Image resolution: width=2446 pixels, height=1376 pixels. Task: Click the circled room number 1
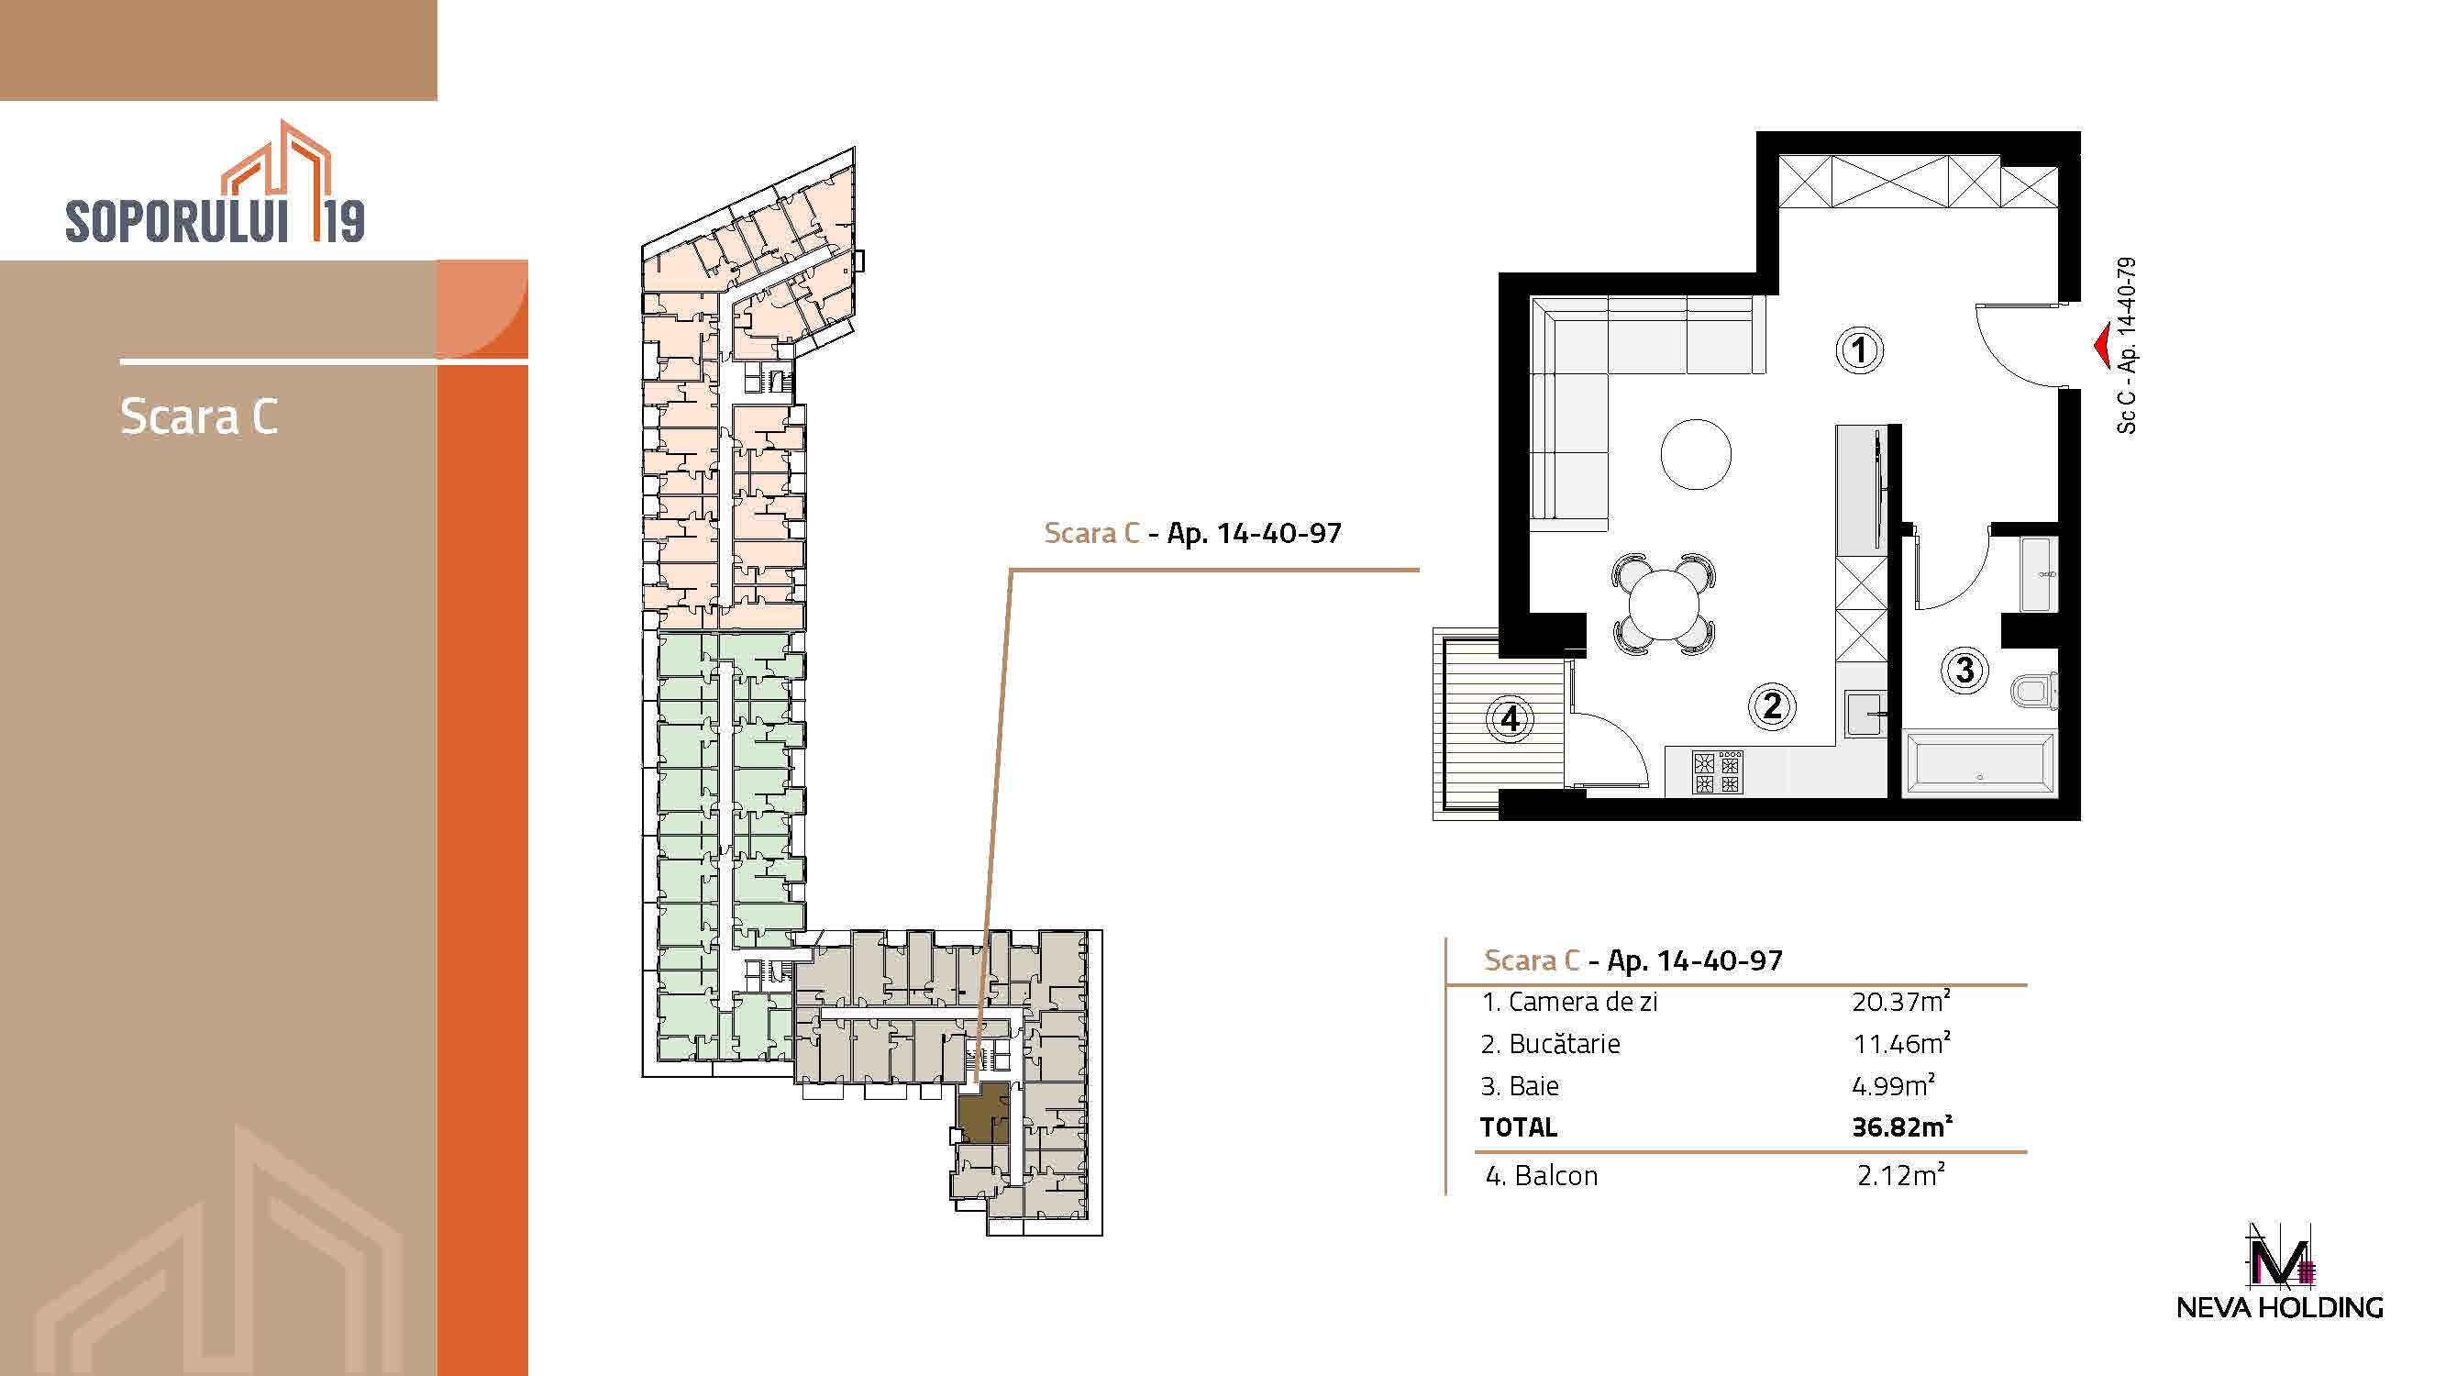click(1858, 350)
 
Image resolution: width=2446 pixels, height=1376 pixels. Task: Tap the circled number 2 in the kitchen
click(1772, 705)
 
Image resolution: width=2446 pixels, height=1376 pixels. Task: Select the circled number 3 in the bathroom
click(1965, 671)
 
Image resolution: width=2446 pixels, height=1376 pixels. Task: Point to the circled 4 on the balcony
click(1510, 718)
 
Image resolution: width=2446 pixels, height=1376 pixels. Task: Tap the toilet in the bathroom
click(2034, 691)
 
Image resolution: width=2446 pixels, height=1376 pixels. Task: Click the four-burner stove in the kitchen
click(1717, 771)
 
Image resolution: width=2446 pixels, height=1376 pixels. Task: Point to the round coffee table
click(1696, 454)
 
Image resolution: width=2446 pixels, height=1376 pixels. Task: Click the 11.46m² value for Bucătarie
click(1901, 1043)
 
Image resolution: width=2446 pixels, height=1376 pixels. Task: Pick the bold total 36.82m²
click(1902, 1126)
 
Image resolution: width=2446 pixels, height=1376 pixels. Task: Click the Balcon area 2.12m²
click(1901, 1175)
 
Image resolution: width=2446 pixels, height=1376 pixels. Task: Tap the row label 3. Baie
click(1520, 1085)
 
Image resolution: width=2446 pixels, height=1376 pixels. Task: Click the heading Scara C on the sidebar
click(199, 416)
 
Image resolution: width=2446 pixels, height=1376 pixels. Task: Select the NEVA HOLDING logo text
click(2279, 1307)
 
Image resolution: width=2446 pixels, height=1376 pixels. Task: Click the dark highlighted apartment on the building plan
click(982, 1112)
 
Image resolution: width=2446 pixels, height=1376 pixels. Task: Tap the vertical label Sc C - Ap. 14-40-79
click(2126, 346)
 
